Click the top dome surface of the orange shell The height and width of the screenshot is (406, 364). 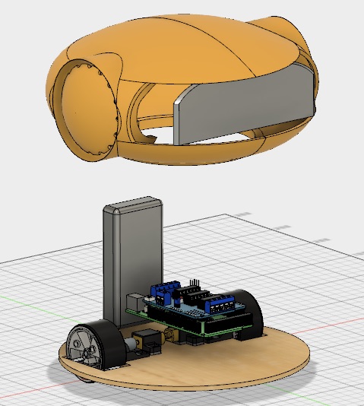(182, 46)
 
